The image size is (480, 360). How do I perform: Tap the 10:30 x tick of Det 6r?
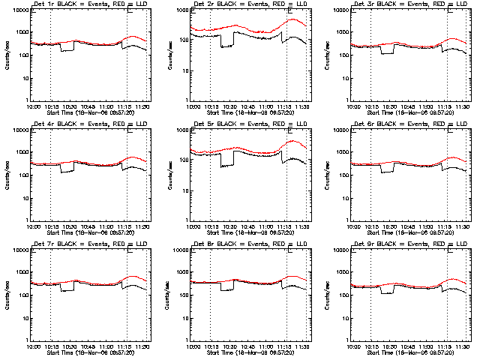click(x=389, y=225)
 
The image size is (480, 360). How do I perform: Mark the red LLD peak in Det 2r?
click(x=293, y=19)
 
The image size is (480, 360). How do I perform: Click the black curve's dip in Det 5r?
click(x=226, y=164)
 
